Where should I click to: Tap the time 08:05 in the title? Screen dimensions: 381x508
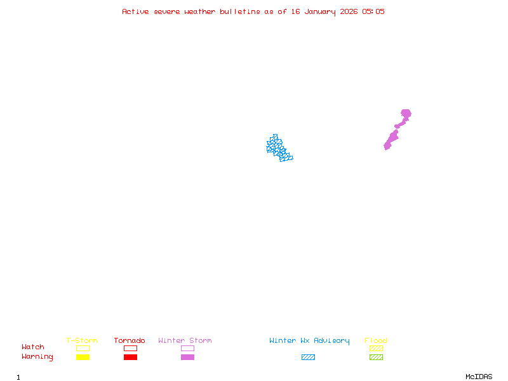373,11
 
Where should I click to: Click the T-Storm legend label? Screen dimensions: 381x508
82,341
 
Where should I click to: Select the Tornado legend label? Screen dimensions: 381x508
130,341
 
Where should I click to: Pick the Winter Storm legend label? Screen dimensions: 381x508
185,341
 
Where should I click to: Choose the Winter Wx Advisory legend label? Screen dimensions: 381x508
309,341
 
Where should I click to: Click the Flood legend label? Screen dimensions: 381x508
376,341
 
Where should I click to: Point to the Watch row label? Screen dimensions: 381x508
33,347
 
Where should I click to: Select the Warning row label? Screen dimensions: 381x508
37,357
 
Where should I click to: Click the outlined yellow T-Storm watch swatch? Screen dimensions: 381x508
83,348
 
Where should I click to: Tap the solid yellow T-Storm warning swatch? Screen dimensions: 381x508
83,358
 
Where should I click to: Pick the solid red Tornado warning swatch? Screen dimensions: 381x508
130,358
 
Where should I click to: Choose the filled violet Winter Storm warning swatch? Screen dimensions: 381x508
187,358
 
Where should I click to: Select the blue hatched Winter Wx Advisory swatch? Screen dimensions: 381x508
308,358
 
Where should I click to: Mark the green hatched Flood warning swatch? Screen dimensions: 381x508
376,358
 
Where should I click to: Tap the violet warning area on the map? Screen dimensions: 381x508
392,137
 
